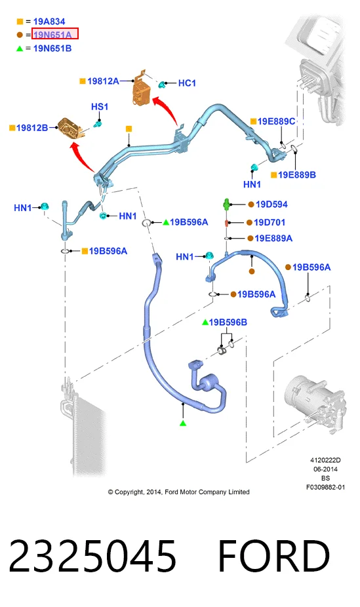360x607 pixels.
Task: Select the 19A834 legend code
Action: coord(49,21)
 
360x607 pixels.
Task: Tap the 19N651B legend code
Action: coord(52,49)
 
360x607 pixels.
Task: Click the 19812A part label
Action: coord(103,81)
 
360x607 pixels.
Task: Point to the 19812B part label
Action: coord(32,127)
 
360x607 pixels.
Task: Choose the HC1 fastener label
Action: coord(187,83)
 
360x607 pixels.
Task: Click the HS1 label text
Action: coord(100,106)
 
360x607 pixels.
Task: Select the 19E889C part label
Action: coord(276,121)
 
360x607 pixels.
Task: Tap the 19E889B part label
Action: coord(297,175)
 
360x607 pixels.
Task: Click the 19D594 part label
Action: coord(271,204)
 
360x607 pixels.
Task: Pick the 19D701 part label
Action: coord(270,222)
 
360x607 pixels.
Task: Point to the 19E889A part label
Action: coord(273,238)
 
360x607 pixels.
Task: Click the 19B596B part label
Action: coord(228,322)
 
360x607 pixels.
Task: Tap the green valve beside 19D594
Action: coord(226,204)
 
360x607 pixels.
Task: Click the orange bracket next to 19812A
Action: coord(141,89)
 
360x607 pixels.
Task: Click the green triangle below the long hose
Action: coord(183,423)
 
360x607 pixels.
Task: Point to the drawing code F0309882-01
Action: coord(325,487)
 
